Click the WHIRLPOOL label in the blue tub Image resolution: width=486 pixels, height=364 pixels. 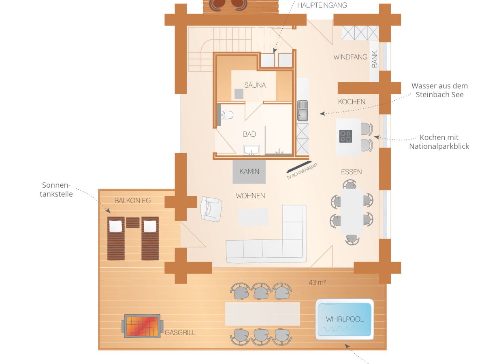tap(345, 319)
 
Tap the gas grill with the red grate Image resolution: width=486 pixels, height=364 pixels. tap(143, 326)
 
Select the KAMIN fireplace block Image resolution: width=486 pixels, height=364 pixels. tap(249, 172)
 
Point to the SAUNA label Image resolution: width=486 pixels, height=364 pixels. tap(255, 85)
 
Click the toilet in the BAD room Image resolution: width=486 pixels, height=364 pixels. tap(226, 115)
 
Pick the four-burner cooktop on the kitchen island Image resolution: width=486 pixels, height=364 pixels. tap(345, 136)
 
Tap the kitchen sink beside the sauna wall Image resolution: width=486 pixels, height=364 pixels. tap(303, 111)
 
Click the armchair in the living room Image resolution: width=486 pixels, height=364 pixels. tap(211, 209)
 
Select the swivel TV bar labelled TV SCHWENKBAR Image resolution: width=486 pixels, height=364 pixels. tap(299, 167)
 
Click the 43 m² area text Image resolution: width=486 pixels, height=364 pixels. tap(317, 282)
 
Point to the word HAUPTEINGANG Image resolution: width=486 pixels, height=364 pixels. tap(322, 5)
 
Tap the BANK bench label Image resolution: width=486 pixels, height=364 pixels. tap(374, 59)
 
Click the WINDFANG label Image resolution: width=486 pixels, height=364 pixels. tap(350, 57)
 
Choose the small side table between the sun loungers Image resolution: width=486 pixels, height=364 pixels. tap(132, 222)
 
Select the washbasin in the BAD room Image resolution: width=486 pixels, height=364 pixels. tap(252, 150)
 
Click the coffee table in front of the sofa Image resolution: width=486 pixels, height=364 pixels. tap(253, 217)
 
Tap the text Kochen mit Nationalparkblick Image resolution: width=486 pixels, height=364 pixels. tap(439, 142)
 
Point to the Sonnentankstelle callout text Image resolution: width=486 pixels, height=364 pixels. tap(56, 189)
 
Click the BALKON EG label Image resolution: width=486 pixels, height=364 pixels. tap(132, 201)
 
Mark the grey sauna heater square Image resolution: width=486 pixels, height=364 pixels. tap(239, 94)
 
